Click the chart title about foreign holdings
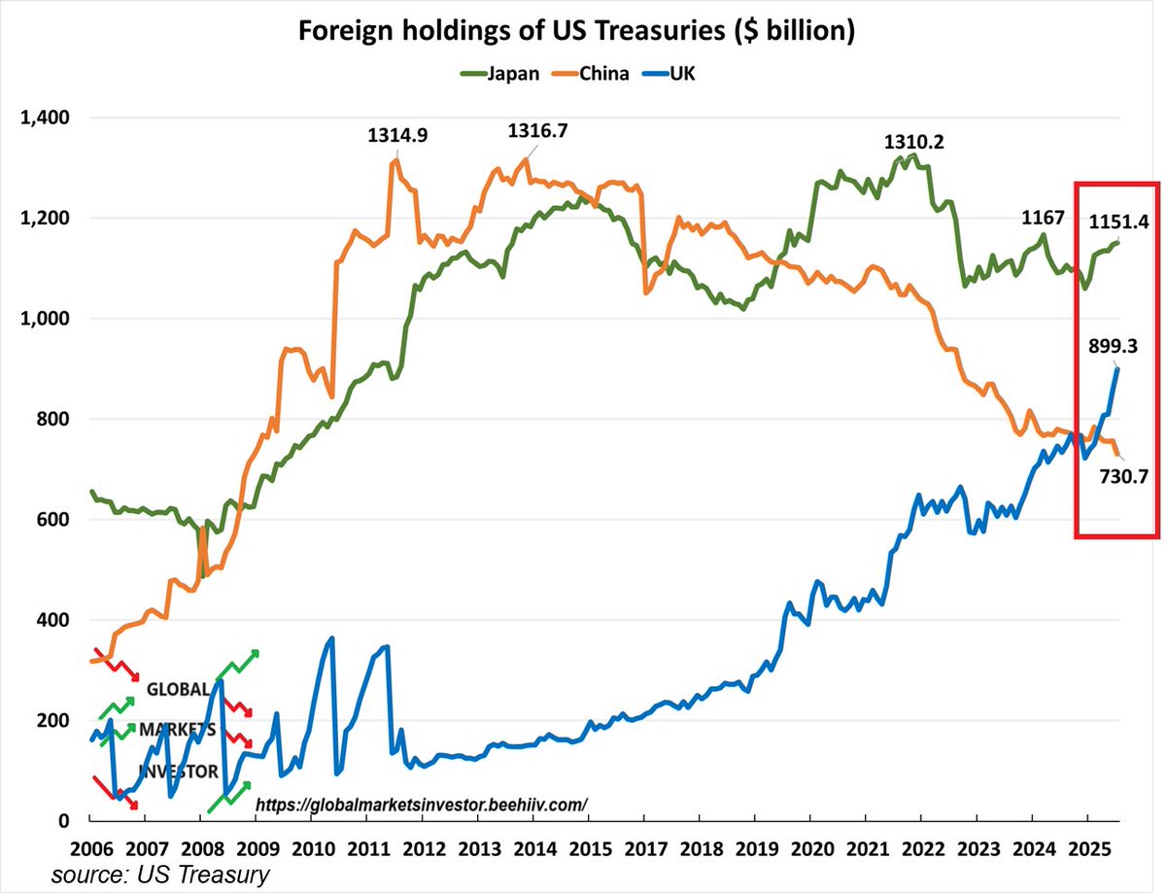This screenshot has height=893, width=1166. coord(576,31)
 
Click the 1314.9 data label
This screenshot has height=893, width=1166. coord(402,136)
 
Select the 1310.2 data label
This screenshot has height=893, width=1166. coord(913,142)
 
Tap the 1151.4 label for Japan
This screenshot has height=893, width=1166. coord(1118,222)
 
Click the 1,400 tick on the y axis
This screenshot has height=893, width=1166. coord(45,118)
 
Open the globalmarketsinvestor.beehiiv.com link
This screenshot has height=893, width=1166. coord(422,805)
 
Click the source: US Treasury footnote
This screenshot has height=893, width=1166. coord(160,874)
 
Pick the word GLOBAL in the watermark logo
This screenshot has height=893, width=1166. coord(177,689)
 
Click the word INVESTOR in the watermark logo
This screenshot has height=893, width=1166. coord(179,772)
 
